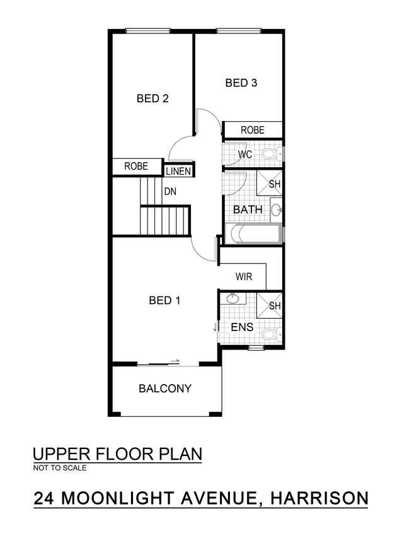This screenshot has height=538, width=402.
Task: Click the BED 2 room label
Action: coord(152,98)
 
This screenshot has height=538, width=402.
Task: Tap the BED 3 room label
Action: coord(241,83)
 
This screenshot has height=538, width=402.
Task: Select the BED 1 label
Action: coord(164,301)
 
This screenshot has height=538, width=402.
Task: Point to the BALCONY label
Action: coord(165,389)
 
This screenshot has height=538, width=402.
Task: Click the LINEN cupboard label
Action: coord(178,171)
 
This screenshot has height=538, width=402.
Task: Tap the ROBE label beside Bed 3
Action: coord(253,130)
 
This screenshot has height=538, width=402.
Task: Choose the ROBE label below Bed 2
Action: coord(136,167)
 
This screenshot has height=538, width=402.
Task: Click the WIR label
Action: coord(244,276)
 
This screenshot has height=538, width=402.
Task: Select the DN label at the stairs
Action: coord(170,192)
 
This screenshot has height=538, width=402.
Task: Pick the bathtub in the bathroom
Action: coord(253,234)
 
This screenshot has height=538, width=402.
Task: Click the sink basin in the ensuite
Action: coord(233,298)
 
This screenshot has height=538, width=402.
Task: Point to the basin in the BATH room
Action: coord(276,209)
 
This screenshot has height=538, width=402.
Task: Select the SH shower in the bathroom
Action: coord(270,183)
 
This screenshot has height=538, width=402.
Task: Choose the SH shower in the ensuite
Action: coord(270,305)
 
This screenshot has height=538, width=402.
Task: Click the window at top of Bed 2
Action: coord(147,32)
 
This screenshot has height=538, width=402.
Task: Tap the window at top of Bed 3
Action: coord(239,32)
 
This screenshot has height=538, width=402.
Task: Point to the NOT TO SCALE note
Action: coord(60,468)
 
